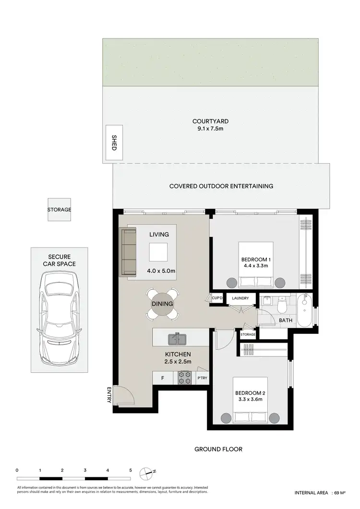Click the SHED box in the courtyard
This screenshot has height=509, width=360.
114,143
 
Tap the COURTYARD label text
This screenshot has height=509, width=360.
210,121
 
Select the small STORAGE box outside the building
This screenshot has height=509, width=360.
59,210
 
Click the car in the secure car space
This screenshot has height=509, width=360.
59,317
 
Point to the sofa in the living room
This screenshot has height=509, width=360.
129,253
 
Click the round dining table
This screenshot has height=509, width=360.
162,304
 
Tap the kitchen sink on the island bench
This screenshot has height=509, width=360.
177,339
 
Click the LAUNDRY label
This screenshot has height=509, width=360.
240,298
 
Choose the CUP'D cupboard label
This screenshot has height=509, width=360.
217,298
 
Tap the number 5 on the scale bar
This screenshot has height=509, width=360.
130,470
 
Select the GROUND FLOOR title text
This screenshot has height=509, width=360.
218,449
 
